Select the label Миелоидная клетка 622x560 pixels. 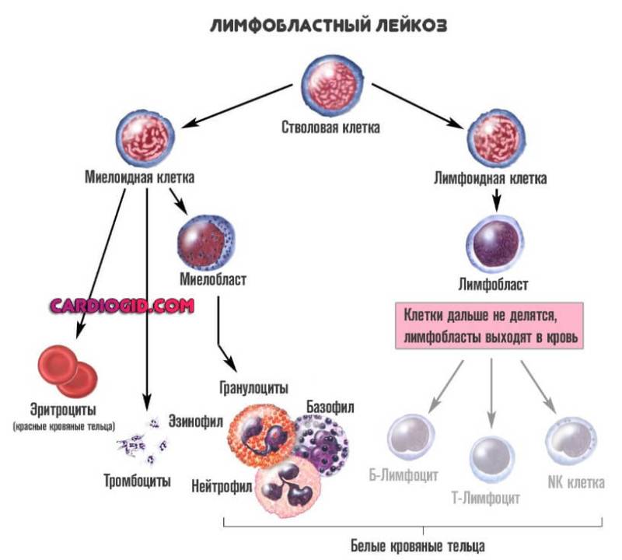[140, 177]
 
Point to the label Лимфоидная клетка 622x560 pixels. [490, 178]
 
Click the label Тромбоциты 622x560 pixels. [138, 480]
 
